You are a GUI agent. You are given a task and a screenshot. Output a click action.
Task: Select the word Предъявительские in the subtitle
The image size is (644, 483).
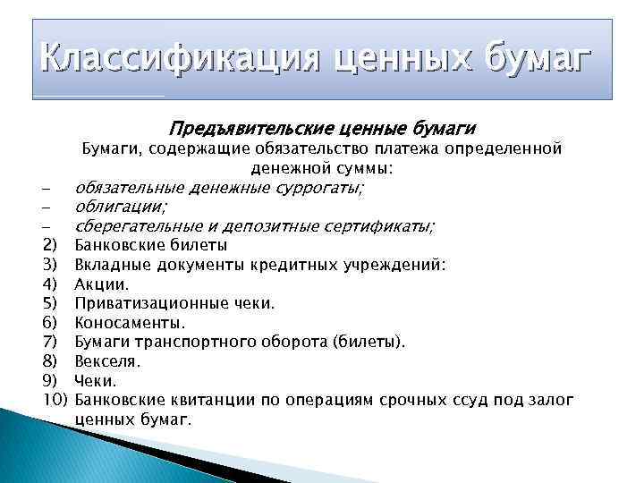(x=237, y=128)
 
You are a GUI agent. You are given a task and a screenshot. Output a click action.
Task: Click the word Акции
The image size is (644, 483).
(x=101, y=284)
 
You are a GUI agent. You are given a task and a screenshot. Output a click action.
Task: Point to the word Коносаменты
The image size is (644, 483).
(x=118, y=323)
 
